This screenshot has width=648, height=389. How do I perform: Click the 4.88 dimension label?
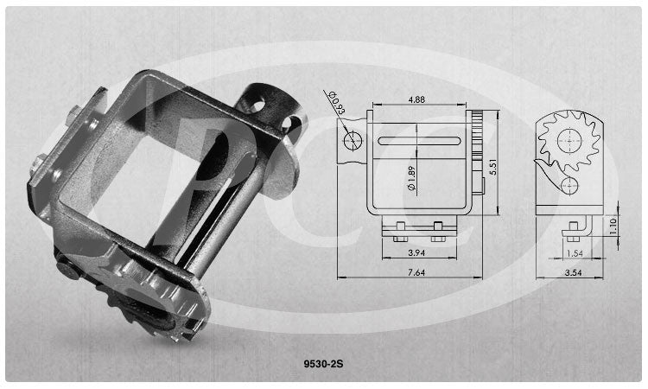(416, 99)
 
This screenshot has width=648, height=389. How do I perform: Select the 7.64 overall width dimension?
(416, 272)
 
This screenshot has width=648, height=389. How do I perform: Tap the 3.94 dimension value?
(416, 252)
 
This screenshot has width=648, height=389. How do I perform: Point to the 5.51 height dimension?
(492, 167)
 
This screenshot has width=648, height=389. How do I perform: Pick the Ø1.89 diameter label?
(411, 179)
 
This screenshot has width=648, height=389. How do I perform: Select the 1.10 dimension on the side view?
(613, 226)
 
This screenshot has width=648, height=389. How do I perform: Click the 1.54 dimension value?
(575, 253)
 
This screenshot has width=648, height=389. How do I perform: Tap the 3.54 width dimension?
(574, 272)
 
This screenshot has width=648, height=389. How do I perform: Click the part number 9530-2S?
(323, 364)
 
